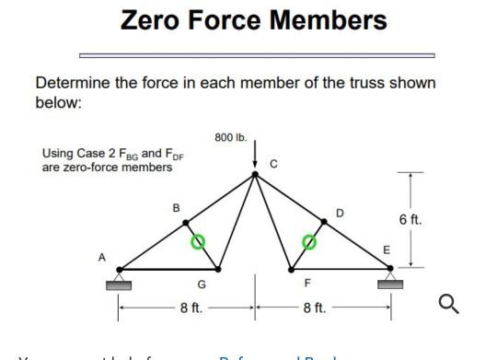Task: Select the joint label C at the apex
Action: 273,164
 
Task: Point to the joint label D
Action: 339,212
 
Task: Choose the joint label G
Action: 202,284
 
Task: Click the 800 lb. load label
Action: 229,137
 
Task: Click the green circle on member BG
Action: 197,242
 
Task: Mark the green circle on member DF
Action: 311,243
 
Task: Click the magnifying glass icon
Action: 448,303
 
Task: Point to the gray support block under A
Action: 120,284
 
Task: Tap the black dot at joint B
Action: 185,222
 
